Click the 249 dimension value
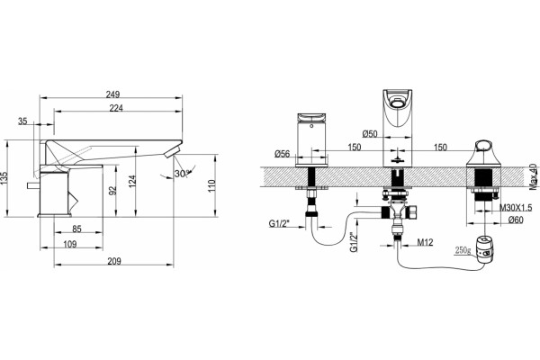[112, 94]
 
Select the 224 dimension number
[116, 108]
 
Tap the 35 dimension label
[22, 121]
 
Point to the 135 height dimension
[4, 179]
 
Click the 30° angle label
[182, 174]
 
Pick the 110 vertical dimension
[211, 186]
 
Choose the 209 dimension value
[114, 262]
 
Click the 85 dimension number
[76, 229]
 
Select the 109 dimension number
[70, 244]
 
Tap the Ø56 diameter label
[283, 154]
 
